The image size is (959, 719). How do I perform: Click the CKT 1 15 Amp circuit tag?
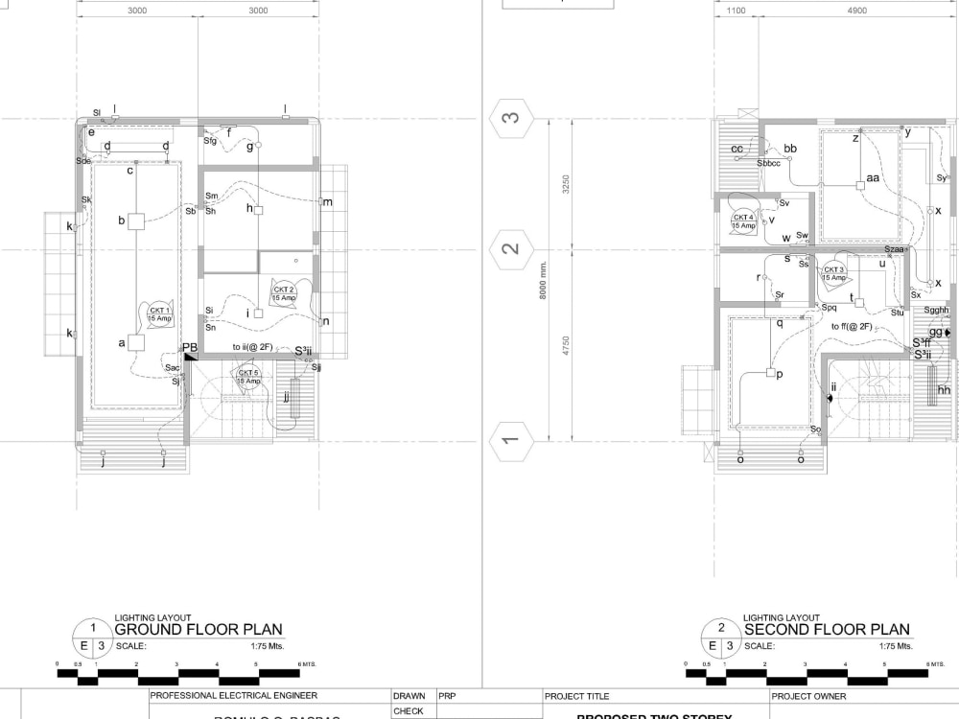tap(159, 313)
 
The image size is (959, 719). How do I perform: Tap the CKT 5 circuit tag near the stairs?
tap(248, 376)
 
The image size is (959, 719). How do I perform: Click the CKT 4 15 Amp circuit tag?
tap(743, 220)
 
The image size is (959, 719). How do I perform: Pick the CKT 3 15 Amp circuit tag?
tap(833, 273)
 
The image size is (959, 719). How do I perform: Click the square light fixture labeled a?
tap(136, 342)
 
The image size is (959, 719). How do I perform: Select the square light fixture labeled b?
tap(136, 221)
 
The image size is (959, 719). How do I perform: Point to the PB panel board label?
tap(190, 347)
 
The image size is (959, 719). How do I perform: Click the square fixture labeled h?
tap(259, 209)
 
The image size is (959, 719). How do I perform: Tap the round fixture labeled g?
tap(259, 144)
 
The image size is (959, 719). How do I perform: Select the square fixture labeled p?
tap(769, 373)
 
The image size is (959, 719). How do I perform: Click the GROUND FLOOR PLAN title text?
tap(199, 630)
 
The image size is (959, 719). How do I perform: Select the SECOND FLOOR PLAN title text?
tap(827, 630)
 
